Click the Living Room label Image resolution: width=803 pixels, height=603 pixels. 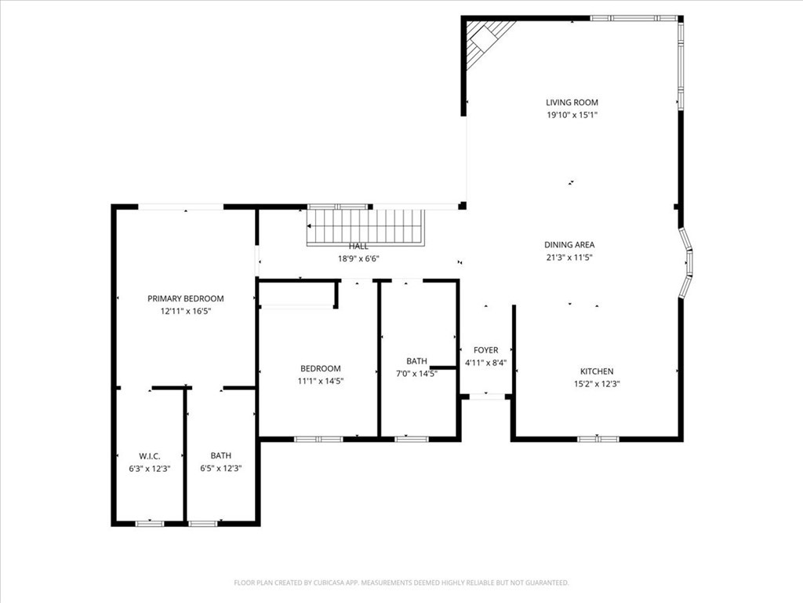tap(572, 102)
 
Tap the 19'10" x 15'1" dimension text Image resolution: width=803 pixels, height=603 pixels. tap(572, 115)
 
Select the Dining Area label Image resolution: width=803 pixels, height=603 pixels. tap(569, 244)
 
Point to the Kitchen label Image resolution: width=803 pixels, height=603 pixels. tap(596, 371)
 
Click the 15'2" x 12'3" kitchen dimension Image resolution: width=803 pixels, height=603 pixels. tap(596, 384)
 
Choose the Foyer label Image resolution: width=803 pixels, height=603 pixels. tap(485, 350)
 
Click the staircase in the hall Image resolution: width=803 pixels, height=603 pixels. tap(366, 227)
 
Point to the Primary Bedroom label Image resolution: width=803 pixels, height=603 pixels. tap(186, 298)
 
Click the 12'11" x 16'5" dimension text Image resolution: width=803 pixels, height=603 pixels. tap(186, 311)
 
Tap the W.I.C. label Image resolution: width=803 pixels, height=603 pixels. tap(149, 455)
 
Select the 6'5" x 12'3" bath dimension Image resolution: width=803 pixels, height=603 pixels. tap(220, 468)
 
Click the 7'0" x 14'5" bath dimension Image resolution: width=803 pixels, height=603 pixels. tap(416, 374)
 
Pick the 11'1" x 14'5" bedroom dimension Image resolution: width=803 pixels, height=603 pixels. tap(321, 381)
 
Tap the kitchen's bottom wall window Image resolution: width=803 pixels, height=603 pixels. tap(598, 438)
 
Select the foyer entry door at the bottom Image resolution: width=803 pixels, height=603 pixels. tap(486, 397)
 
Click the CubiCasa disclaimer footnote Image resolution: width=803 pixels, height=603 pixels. tap(401, 583)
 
